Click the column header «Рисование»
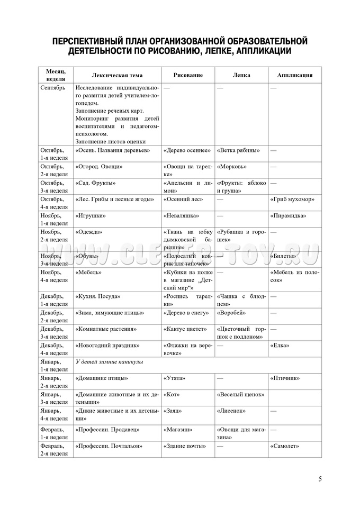point(188,75)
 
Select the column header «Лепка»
point(241,75)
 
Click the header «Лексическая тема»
point(117,75)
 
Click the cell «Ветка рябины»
point(238,150)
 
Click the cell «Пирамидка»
point(289,215)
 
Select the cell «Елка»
point(280,346)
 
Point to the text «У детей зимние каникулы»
point(110,362)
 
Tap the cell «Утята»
point(175,378)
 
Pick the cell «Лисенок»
point(232,411)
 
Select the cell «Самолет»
point(285,446)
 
